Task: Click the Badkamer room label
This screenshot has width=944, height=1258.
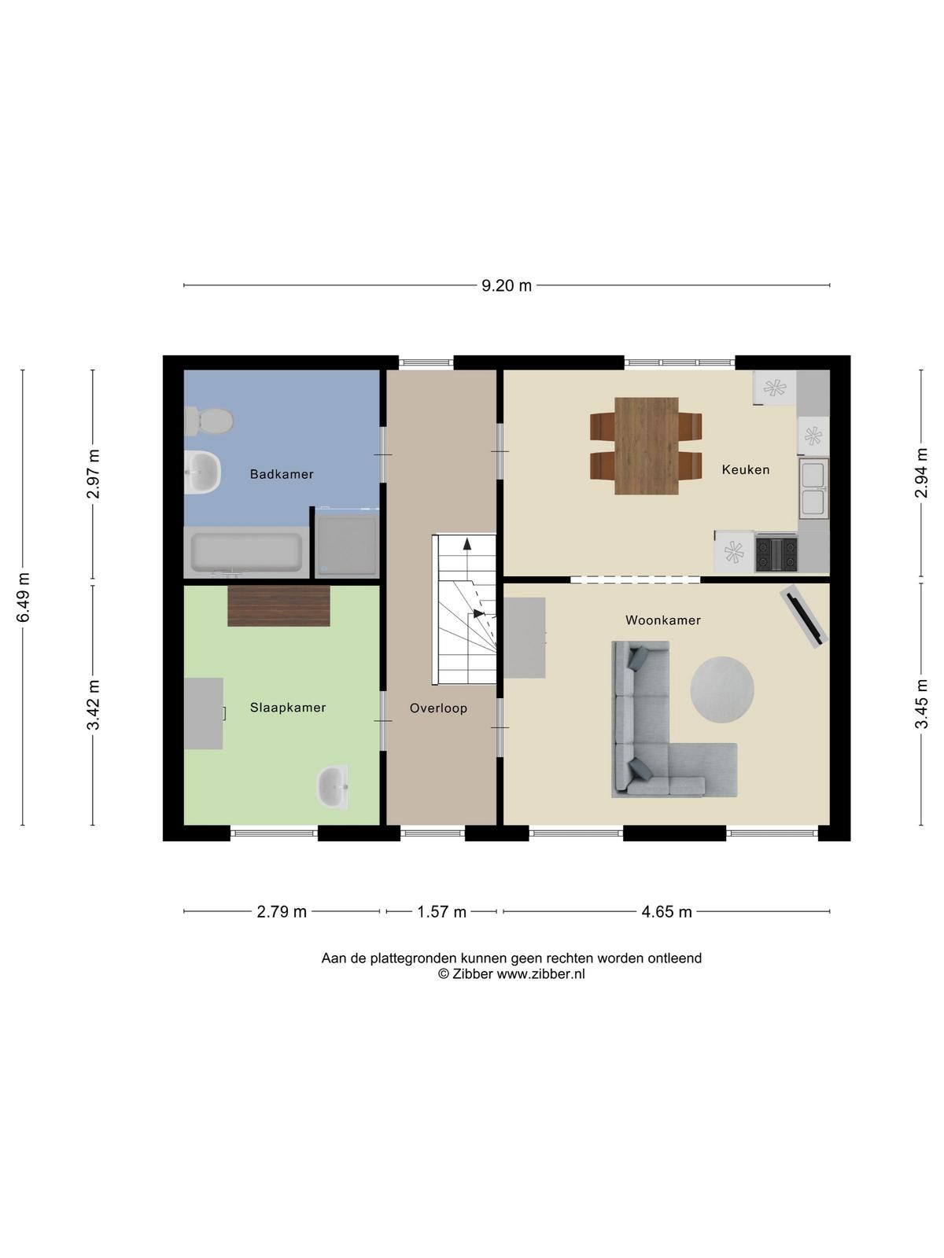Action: tap(282, 474)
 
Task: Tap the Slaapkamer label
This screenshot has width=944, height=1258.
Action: tap(288, 708)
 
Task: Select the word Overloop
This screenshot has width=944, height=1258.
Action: tap(438, 708)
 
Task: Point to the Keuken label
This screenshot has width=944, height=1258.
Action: tap(745, 469)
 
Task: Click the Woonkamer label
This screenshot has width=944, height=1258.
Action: tap(663, 620)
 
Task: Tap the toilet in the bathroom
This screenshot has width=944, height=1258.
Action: tap(208, 421)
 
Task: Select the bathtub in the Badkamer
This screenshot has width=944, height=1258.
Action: tap(246, 553)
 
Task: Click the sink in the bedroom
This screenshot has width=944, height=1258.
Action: tap(333, 788)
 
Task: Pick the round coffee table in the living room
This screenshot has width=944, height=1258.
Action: tap(721, 690)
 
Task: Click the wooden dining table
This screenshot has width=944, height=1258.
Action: tap(647, 446)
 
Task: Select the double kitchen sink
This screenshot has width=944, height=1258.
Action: tap(814, 487)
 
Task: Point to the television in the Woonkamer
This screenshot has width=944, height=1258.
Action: tap(804, 616)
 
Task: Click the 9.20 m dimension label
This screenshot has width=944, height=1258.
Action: tap(506, 285)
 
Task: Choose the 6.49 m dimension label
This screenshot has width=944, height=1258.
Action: tap(23, 597)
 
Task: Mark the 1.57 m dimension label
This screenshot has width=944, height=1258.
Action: tap(441, 911)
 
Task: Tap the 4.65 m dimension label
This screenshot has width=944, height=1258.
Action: tap(666, 911)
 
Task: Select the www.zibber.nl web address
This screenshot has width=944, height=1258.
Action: tap(540, 973)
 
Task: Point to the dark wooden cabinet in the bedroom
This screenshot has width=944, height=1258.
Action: tap(278, 605)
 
